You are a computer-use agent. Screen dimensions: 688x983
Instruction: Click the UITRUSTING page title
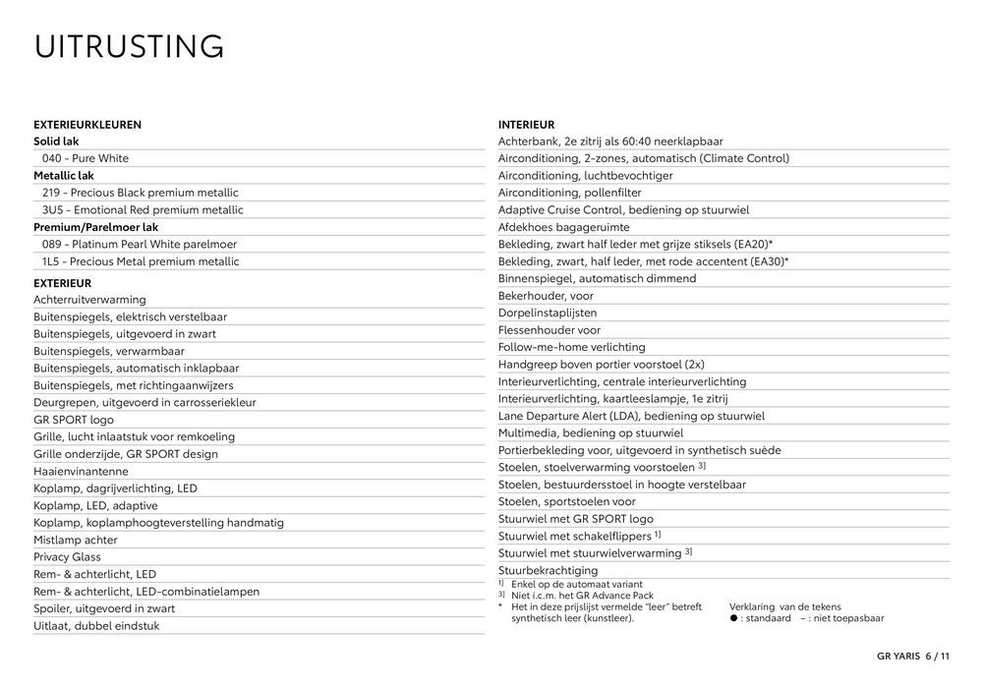[x=129, y=46]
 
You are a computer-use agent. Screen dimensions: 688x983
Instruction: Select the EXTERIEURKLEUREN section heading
[x=87, y=125]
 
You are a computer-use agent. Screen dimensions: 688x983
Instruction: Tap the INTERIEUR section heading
[x=526, y=125]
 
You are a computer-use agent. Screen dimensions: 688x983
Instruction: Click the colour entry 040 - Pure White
[x=86, y=158]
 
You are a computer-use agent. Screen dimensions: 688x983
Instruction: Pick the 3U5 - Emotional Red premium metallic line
[x=143, y=210]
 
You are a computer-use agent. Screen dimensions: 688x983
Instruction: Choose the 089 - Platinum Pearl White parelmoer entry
[x=140, y=245]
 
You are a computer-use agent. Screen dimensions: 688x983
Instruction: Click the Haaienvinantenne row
[x=81, y=472]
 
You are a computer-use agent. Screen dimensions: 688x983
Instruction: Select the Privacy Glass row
[x=67, y=557]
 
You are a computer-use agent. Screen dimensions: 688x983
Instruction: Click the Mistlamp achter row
[x=75, y=540]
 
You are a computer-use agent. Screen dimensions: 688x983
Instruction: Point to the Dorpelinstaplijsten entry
[x=548, y=313]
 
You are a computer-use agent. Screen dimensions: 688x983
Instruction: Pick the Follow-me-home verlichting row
[x=571, y=347]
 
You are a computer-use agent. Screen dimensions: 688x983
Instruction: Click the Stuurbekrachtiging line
[x=548, y=570]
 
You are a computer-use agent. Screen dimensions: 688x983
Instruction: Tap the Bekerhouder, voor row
[x=546, y=296]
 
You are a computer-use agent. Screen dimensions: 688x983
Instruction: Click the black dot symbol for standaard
[x=733, y=619]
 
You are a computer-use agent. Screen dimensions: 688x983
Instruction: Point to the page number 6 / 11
[x=937, y=658]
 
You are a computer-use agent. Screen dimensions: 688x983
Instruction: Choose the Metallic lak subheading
[x=64, y=176]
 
